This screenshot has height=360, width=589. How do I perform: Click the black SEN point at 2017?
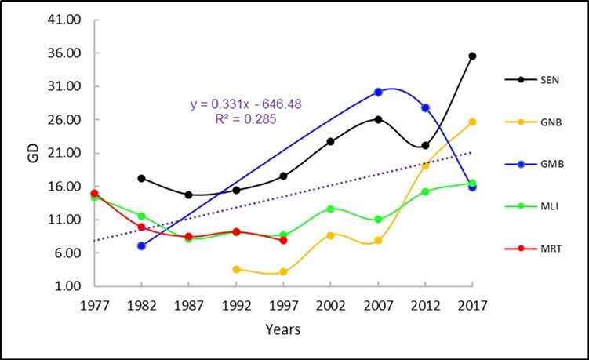tap(472, 56)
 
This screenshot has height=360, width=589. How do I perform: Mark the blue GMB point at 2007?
tap(378, 92)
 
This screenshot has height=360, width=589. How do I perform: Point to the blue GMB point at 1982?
tap(141, 245)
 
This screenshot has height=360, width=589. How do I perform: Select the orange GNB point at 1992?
tap(236, 269)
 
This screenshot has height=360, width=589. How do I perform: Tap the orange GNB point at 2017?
tap(472, 122)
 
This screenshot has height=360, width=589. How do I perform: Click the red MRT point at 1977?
tap(94, 193)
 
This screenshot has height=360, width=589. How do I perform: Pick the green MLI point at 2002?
tap(330, 209)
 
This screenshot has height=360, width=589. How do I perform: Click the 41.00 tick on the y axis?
tap(69, 20)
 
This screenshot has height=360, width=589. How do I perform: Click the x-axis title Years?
tap(283, 330)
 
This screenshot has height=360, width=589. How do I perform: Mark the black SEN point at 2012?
tap(425, 145)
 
